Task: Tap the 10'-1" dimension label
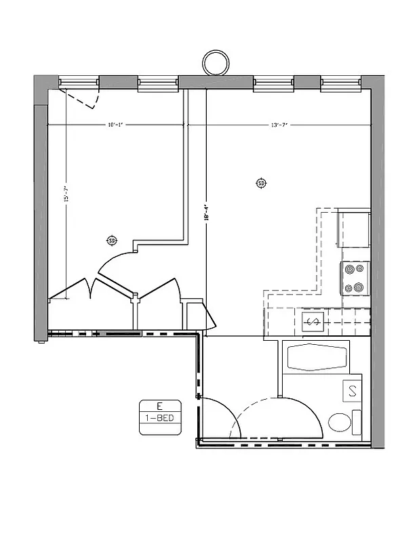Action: [114, 125]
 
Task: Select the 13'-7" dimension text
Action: [279, 125]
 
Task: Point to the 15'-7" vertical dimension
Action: [66, 195]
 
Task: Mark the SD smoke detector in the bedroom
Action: [112, 241]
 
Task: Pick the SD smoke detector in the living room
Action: [261, 183]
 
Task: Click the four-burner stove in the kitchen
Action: [355, 278]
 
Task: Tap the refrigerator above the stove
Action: [354, 229]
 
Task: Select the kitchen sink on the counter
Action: [314, 321]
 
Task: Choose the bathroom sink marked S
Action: [353, 391]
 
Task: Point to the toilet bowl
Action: [340, 422]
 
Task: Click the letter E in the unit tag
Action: [159, 406]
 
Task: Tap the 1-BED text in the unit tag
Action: [159, 418]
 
